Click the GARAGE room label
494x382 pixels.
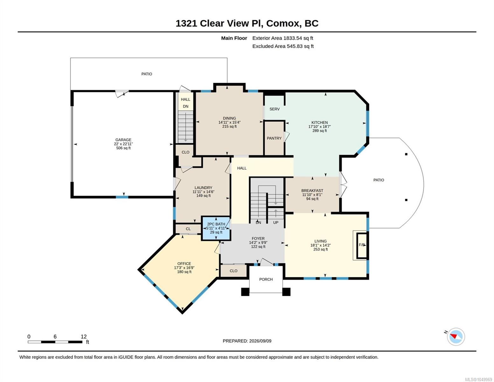pos(123,140)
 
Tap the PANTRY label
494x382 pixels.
pos(274,138)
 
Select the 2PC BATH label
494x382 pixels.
pos(216,224)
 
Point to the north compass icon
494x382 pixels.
pos(456,336)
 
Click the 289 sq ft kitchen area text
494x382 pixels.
pos(319,131)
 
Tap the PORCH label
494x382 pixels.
pos(266,279)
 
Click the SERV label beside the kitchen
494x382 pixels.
pos(275,109)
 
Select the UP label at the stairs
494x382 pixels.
pos(275,222)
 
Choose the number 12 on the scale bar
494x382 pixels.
pos(84,336)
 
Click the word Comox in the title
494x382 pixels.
pos(282,23)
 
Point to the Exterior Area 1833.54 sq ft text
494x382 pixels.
pos(282,38)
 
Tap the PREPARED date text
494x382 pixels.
pos(247,341)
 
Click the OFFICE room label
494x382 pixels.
pos(184,264)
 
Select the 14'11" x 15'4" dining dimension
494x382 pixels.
pos(229,122)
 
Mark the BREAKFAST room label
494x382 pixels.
pos(312,190)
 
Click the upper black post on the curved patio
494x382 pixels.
pos(406,154)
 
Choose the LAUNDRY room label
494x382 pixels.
pos(203,187)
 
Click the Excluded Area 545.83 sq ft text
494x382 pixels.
pos(283,46)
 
